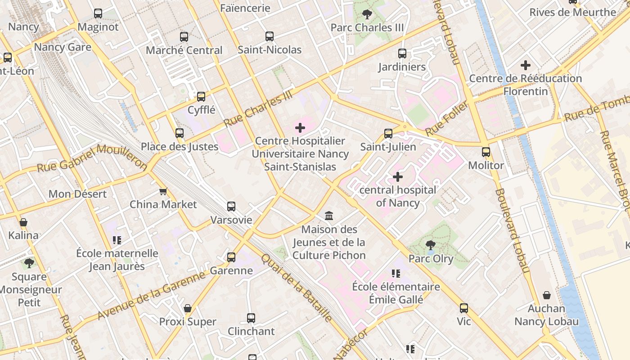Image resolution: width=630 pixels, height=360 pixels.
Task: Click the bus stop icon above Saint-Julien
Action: click(x=388, y=134)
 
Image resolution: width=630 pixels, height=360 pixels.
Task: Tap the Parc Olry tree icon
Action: click(x=431, y=245)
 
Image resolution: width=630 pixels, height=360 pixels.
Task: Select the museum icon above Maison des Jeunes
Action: click(x=329, y=216)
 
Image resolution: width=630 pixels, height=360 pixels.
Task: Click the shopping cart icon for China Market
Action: click(x=163, y=191)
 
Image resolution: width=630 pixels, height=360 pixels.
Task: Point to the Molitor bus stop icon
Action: click(x=486, y=152)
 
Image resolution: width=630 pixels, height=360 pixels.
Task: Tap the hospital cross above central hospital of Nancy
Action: click(x=398, y=177)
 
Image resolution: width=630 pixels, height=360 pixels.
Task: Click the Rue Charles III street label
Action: click(x=258, y=108)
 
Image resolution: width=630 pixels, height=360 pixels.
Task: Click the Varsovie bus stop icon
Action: click(x=231, y=207)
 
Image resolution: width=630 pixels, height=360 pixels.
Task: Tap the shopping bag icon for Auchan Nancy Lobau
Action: click(x=547, y=295)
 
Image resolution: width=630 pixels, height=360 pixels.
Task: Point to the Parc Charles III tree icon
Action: click(x=367, y=14)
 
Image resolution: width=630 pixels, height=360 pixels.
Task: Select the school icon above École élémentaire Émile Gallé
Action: click(x=396, y=273)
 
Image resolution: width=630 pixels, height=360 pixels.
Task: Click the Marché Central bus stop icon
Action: click(x=184, y=37)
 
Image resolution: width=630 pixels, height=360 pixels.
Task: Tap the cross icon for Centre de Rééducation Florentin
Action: click(x=526, y=65)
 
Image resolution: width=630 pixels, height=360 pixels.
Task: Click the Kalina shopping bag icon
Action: click(x=23, y=222)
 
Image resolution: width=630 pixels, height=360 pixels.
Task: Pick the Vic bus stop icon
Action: click(x=464, y=308)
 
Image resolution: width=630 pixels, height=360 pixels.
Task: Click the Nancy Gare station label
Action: click(x=63, y=47)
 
